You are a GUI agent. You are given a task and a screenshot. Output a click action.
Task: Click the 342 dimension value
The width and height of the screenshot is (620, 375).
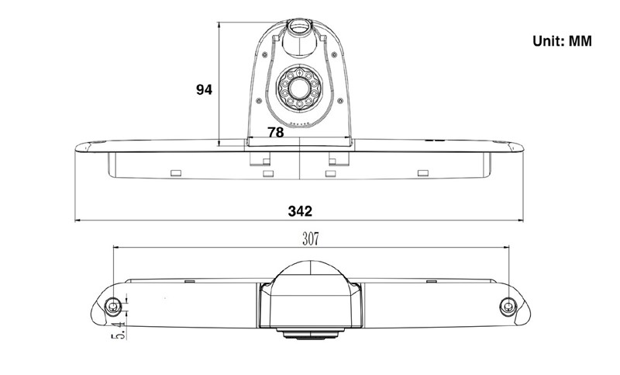tap(300, 211)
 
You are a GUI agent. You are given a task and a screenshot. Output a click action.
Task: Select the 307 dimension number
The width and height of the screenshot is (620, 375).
tap(311, 239)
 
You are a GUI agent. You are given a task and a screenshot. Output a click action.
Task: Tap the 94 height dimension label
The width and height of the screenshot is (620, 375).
tap(204, 90)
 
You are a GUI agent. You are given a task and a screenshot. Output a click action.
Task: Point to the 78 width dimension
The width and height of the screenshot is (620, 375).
tap(276, 132)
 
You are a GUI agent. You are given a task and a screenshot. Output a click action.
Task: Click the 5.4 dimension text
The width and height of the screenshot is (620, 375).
tap(119, 330)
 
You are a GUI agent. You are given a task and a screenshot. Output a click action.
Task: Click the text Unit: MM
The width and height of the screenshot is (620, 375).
tap(562, 41)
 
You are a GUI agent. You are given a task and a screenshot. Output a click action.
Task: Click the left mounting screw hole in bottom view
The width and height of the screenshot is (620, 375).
tap(113, 306)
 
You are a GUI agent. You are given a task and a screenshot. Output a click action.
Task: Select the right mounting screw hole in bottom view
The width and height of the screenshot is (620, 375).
tap(508, 306)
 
